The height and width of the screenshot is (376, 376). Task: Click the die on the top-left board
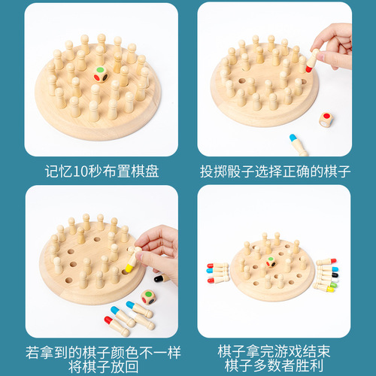[100, 76]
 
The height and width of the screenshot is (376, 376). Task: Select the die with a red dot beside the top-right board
[326, 120]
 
